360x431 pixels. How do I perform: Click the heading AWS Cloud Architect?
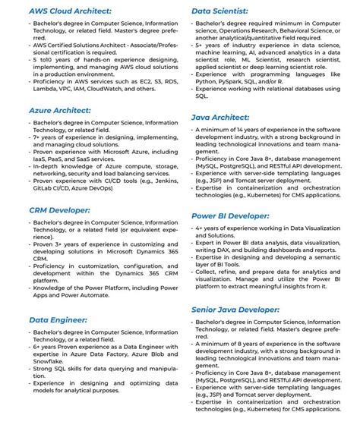70,11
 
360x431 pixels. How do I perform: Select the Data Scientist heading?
219,11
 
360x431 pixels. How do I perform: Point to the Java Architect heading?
221,118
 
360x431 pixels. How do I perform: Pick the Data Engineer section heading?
58,320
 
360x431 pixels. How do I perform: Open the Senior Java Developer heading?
235,310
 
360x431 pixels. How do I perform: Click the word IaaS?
42,159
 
